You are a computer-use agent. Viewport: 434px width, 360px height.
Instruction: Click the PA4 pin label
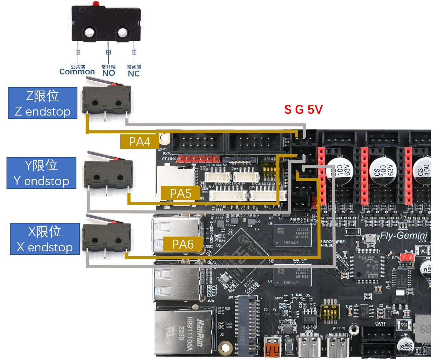tap(140, 142)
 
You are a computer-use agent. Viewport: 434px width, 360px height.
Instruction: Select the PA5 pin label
tap(181, 193)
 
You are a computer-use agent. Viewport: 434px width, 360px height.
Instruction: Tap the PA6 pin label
tap(183, 244)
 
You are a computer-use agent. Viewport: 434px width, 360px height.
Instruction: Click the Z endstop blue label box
tap(42, 103)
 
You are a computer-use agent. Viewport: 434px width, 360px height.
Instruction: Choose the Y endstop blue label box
tap(41, 173)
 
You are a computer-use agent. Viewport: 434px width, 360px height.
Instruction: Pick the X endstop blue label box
tap(45, 239)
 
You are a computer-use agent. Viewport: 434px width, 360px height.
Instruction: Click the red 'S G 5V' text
tap(303, 110)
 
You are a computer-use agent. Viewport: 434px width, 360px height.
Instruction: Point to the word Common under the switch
tap(77, 72)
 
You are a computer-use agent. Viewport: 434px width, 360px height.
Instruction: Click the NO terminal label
tap(109, 73)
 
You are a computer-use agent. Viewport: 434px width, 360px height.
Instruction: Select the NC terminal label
tap(134, 74)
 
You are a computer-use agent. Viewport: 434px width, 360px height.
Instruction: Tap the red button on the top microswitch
tap(96, 3)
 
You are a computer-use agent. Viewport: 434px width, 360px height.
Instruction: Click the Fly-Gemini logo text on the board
tap(404, 236)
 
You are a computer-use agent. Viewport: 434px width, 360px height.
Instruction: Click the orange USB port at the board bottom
tap(273, 348)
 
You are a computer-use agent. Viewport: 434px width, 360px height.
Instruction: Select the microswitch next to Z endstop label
tap(107, 100)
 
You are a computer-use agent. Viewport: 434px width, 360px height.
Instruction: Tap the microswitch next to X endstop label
tap(107, 237)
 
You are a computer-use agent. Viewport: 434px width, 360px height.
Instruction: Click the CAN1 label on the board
tap(380, 323)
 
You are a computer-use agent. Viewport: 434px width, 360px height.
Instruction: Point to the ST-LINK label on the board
tap(170, 159)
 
